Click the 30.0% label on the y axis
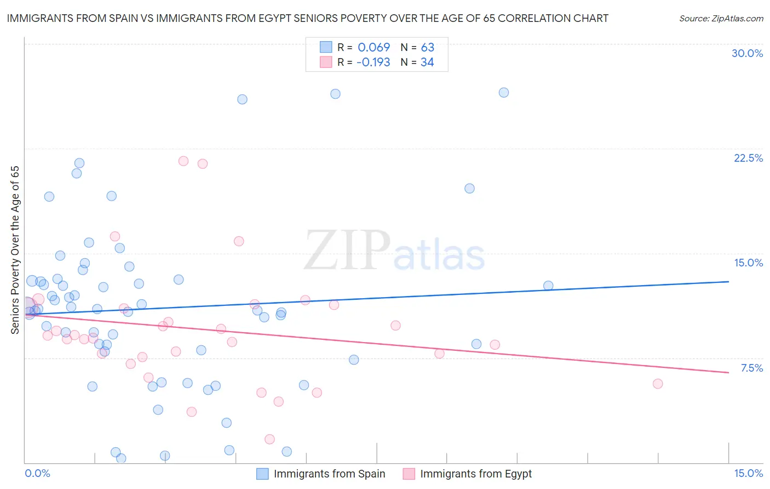(747, 53)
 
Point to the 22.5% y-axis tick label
(748, 158)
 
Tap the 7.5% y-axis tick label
(751, 368)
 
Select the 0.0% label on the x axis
(38, 473)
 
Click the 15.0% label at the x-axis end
(748, 473)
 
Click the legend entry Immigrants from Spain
(329, 474)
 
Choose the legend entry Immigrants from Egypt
(475, 474)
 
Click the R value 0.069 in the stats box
(373, 48)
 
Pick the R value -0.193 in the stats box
(373, 62)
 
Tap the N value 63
(427, 48)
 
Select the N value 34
(427, 62)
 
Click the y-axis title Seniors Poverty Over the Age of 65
(15, 250)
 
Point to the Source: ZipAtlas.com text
(721, 19)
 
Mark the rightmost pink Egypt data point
(658, 384)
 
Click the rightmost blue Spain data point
(548, 286)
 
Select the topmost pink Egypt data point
(183, 161)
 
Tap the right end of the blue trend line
(728, 281)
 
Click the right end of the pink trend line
(728, 373)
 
